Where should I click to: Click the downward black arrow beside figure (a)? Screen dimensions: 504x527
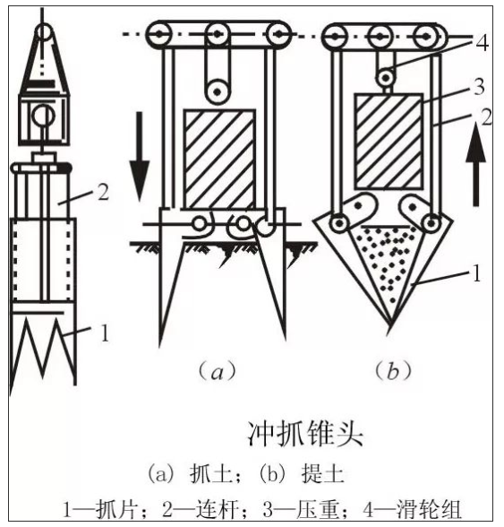pyautogui.click(x=140, y=156)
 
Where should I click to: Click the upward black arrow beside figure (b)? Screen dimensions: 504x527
pyautogui.click(x=475, y=164)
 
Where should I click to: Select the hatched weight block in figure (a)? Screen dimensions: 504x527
pyautogui.click(x=219, y=160)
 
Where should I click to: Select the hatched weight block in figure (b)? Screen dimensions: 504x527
pyautogui.click(x=389, y=142)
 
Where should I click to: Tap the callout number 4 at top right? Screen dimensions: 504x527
pyautogui.click(x=483, y=43)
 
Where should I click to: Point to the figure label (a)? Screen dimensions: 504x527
pyautogui.click(x=218, y=371)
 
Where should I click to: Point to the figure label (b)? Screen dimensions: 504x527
pyautogui.click(x=392, y=371)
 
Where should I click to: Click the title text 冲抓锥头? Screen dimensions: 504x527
pyautogui.click(x=305, y=434)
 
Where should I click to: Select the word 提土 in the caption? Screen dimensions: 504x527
pyautogui.click(x=322, y=474)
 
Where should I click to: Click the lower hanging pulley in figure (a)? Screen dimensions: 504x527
pyautogui.click(x=218, y=91)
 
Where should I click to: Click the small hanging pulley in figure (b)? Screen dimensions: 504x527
pyautogui.click(x=386, y=78)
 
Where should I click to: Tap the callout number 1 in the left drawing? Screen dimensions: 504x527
pyautogui.click(x=105, y=333)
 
